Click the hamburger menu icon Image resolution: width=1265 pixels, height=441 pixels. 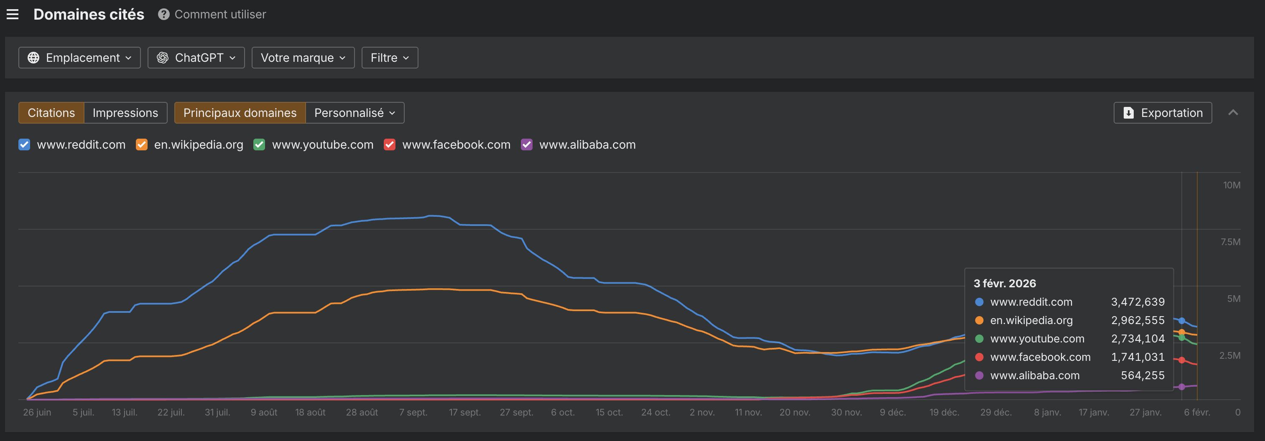13,14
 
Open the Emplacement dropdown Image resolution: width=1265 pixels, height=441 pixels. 79,58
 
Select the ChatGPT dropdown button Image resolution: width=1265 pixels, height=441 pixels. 196,58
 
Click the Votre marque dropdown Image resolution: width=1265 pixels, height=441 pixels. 303,58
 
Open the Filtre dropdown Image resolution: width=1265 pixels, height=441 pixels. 390,58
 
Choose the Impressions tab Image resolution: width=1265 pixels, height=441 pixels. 125,113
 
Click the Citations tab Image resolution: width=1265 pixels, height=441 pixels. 51,113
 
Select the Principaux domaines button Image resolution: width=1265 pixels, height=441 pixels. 240,113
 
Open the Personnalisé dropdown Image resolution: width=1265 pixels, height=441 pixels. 355,113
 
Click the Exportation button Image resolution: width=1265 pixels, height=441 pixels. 1162,113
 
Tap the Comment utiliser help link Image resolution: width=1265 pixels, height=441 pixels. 212,14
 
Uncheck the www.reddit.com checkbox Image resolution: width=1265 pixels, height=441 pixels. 24,145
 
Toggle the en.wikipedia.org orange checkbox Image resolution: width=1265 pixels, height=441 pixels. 141,145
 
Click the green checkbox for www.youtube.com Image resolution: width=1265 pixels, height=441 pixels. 259,145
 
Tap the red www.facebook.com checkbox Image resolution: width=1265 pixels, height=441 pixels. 390,145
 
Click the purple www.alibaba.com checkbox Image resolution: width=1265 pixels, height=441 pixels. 526,145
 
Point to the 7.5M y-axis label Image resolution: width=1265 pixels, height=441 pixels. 1230,242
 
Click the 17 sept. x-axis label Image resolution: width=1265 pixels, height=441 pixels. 464,413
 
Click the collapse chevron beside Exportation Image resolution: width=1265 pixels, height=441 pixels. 1232,113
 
